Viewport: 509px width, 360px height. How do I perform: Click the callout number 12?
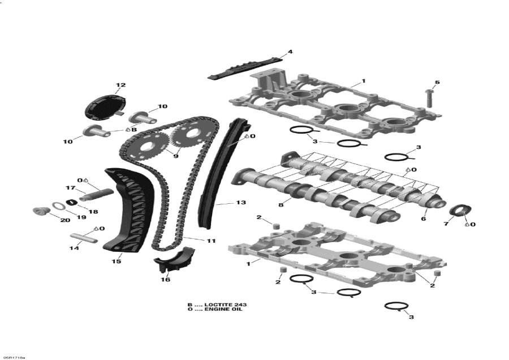[120, 85]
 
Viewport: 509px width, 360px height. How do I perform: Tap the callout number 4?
[290, 52]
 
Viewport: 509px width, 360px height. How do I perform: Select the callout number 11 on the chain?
[211, 241]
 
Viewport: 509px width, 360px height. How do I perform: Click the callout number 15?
[117, 262]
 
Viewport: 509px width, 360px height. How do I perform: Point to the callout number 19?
[81, 217]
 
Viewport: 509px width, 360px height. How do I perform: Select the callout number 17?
[71, 188]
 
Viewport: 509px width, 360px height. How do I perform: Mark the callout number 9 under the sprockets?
[175, 156]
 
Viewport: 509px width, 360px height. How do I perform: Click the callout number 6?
[423, 218]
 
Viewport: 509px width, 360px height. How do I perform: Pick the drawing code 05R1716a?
[14, 357]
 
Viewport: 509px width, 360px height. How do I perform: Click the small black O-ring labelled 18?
[72, 203]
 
